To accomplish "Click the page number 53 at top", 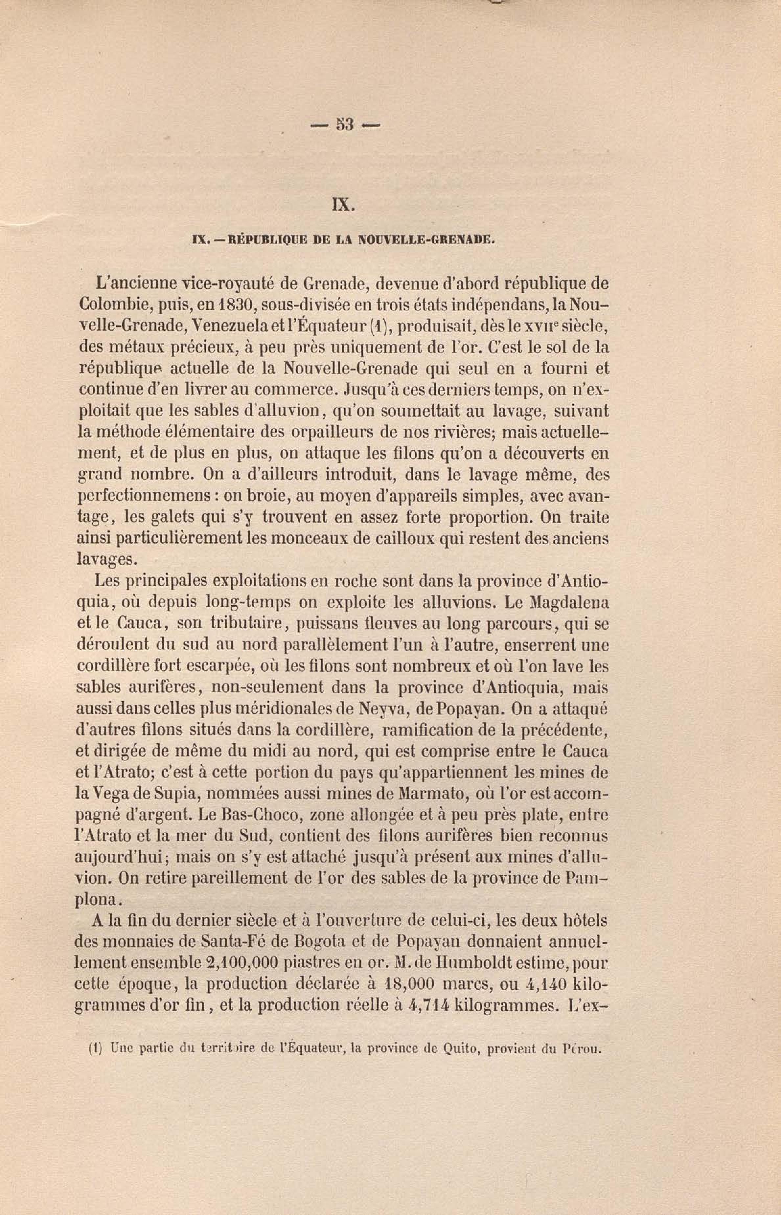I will pyautogui.click(x=344, y=124).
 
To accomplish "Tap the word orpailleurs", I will pyautogui.click(x=334, y=433).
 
